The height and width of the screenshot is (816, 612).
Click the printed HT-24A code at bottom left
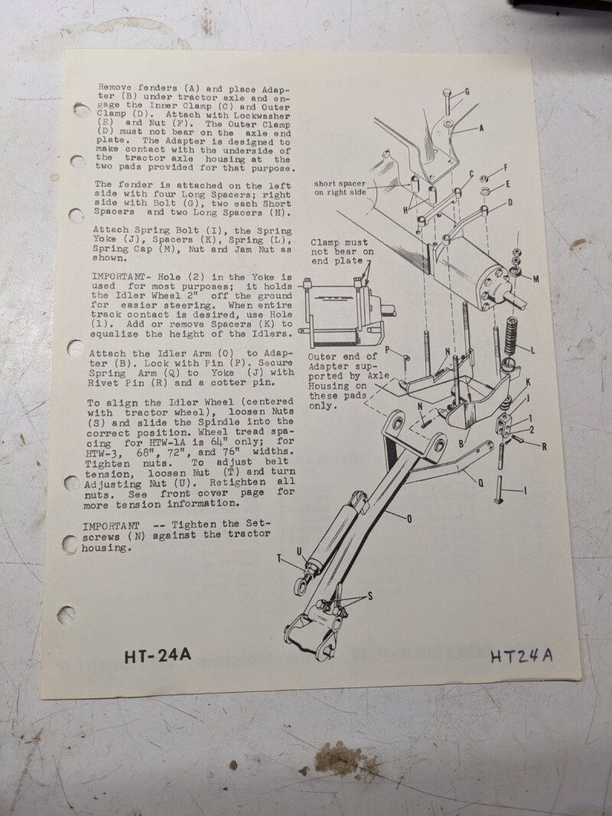point(158,655)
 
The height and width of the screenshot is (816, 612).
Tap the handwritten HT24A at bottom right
point(522,655)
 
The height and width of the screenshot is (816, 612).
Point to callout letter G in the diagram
point(467,92)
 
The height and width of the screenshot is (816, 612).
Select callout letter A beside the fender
point(481,128)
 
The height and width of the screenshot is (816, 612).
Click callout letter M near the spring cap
point(535,279)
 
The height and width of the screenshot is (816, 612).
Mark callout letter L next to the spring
point(532,350)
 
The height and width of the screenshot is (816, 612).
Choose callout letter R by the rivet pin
point(544,447)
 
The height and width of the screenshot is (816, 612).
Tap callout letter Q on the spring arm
point(480,483)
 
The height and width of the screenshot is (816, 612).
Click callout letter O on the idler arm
point(409,519)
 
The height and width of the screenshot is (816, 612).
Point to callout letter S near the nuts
point(370,597)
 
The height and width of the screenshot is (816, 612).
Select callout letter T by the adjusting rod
point(279,558)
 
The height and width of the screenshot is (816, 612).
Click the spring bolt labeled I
point(499,489)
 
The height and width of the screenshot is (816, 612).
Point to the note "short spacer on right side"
point(340,188)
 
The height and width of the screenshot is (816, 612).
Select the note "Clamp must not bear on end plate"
point(342,252)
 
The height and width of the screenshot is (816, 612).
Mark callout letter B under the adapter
point(461,444)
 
